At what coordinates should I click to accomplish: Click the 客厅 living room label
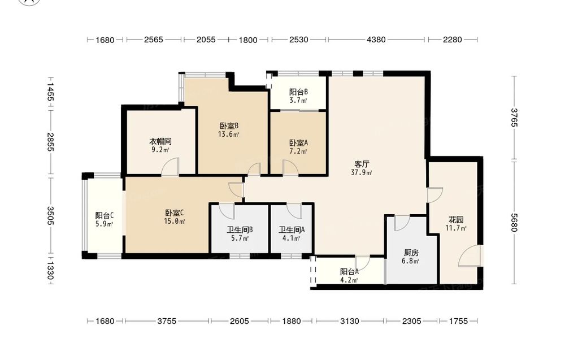tap(362, 164)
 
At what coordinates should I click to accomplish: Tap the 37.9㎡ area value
tap(362, 172)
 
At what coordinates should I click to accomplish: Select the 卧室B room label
tap(229, 126)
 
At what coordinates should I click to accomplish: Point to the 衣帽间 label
tap(160, 141)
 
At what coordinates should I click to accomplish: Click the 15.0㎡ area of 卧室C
tap(175, 222)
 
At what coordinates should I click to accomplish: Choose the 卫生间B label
tap(240, 229)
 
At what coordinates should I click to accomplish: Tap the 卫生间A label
tap(292, 229)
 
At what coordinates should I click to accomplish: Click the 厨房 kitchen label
tap(411, 253)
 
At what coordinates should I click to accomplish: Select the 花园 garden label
tap(456, 219)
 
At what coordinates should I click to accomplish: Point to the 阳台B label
tap(298, 92)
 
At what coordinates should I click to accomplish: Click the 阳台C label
tap(105, 215)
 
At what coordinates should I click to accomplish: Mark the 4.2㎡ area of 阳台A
tap(349, 280)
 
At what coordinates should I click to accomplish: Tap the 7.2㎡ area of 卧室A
tap(298, 151)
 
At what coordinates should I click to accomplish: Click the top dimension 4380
tap(376, 40)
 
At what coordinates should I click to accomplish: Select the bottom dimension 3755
tap(167, 320)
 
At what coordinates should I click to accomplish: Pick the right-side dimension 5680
tap(514, 223)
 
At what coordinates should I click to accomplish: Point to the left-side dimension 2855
tap(50, 142)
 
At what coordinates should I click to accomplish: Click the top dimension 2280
tap(452, 40)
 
